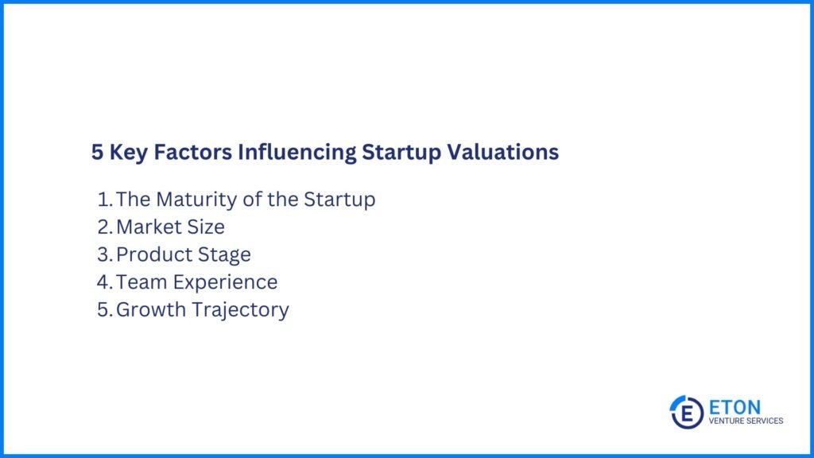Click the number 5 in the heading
(97, 153)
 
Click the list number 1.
(104, 199)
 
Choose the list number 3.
(104, 254)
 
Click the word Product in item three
(150, 254)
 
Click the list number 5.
(104, 309)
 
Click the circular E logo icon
(686, 412)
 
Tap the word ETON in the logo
(734, 406)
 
